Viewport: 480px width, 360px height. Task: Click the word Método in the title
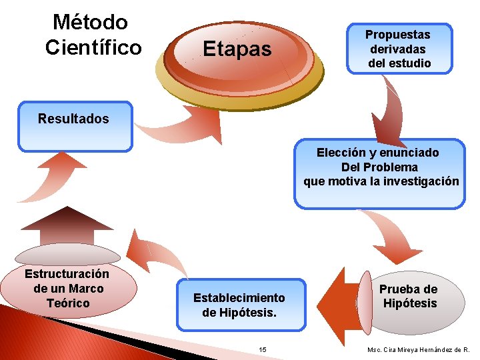pos(90,22)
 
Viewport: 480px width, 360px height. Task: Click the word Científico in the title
pos(93,48)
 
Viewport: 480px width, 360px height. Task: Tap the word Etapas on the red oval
pos(237,49)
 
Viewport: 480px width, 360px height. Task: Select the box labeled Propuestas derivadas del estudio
pos(399,49)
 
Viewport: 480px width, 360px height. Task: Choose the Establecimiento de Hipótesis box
pos(239,305)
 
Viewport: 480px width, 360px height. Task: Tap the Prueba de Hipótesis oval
pos(409,297)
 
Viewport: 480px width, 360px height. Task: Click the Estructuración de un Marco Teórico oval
pos(67,289)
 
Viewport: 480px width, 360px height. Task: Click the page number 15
pos(263,349)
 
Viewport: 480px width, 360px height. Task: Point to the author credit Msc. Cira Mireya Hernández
pos(418,349)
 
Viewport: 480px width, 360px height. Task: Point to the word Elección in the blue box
pos(340,153)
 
